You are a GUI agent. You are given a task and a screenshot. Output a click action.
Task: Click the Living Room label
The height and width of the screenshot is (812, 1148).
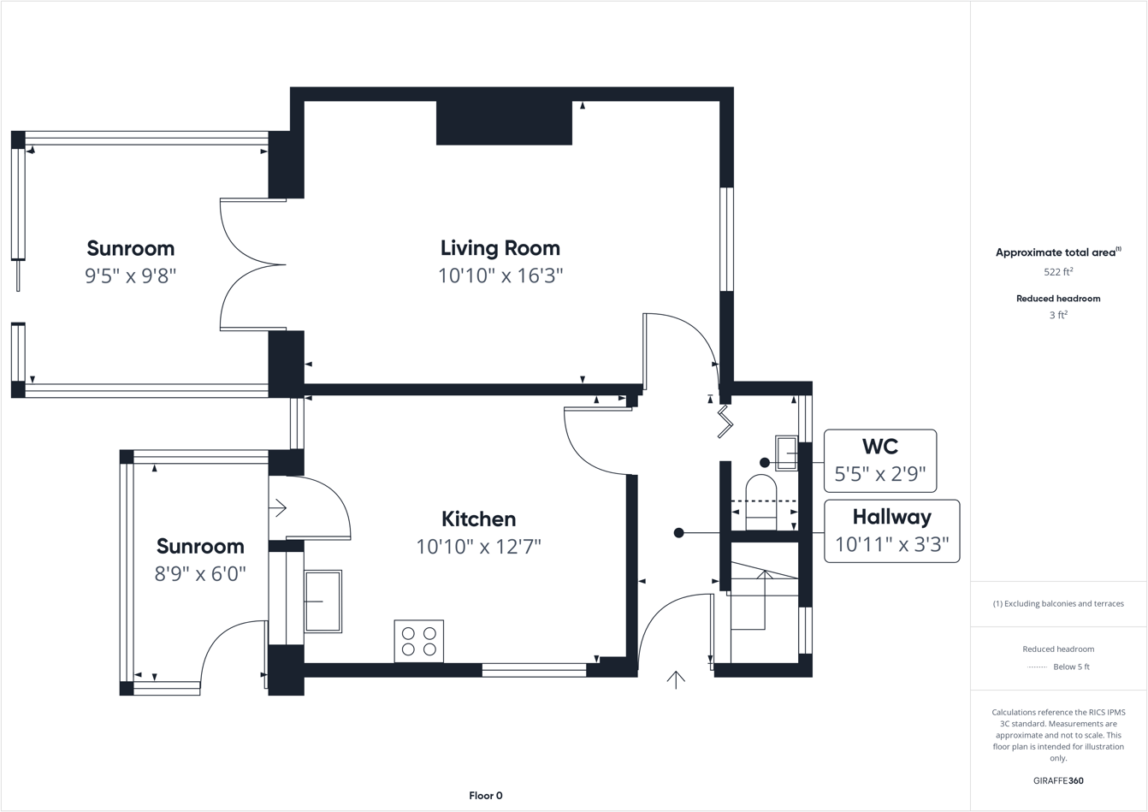(x=500, y=248)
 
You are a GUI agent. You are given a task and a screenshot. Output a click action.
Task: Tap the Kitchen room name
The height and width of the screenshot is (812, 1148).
(x=478, y=519)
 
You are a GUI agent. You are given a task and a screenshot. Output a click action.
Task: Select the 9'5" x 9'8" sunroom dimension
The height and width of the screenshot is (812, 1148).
(x=130, y=276)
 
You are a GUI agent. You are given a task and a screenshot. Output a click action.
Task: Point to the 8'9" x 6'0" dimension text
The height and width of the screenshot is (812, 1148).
(x=200, y=573)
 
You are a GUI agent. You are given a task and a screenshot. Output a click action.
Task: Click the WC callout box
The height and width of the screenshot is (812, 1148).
(x=879, y=461)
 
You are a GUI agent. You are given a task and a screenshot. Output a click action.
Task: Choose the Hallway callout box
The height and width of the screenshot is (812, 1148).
(x=891, y=531)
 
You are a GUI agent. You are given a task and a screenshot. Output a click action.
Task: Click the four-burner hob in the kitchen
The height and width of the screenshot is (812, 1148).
(x=418, y=641)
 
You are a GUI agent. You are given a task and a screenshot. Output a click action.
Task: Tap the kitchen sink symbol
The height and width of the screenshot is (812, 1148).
(x=323, y=602)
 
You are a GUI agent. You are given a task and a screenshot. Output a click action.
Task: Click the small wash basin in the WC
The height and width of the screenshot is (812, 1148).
(x=786, y=453)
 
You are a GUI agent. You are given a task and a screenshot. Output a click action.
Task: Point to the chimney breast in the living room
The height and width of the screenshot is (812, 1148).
(x=504, y=122)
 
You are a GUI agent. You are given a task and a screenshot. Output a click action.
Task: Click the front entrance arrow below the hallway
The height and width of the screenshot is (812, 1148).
(x=676, y=679)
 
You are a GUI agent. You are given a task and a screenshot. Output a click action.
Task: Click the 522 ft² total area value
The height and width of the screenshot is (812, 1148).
(x=1058, y=272)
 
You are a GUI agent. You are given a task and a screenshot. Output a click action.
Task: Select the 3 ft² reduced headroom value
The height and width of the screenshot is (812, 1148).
(x=1058, y=315)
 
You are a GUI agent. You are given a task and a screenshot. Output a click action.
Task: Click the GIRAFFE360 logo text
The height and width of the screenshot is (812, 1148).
(x=1058, y=780)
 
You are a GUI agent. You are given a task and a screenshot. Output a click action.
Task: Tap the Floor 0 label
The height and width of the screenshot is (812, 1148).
(x=485, y=796)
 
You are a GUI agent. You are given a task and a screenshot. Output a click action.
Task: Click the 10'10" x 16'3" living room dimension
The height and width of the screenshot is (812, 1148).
(x=500, y=276)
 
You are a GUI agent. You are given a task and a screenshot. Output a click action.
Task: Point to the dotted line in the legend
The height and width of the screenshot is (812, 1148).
(x=1036, y=667)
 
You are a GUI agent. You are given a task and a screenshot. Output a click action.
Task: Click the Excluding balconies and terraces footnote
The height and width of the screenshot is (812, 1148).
(x=1058, y=603)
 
